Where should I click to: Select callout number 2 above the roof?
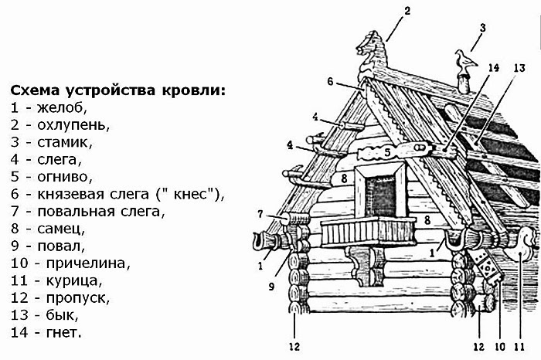407,11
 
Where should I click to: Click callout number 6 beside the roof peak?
330,81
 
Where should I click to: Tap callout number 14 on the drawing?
495,67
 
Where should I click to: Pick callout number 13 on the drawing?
519,67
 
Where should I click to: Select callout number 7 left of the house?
261,214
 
